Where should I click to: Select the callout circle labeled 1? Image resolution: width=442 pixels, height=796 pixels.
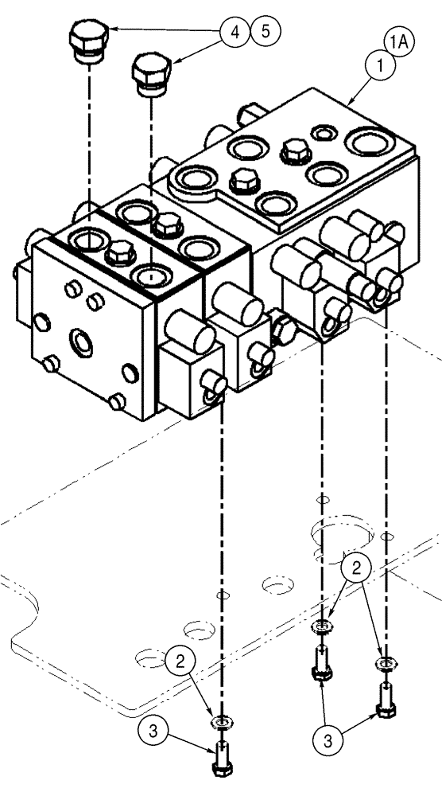click(x=381, y=67)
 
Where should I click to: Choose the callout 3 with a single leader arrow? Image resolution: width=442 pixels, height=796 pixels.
click(x=152, y=728)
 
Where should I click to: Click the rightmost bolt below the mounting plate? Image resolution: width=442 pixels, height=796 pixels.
click(x=385, y=702)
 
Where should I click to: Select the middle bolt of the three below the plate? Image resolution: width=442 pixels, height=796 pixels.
click(x=322, y=665)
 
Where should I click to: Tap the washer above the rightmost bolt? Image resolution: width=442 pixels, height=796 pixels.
click(x=385, y=664)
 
